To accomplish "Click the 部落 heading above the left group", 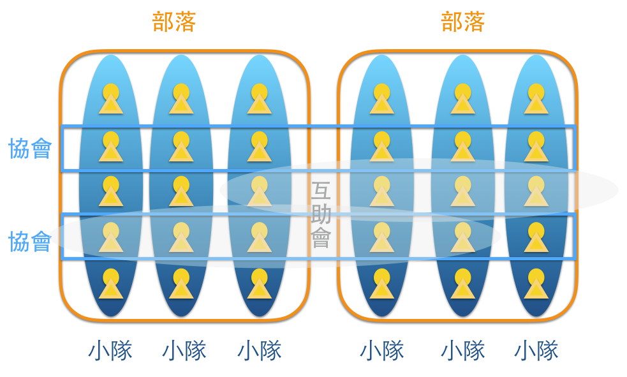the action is (x=174, y=22).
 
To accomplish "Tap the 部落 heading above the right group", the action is (x=462, y=22).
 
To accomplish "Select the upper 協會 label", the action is (x=30, y=149).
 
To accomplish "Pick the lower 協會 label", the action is (x=30, y=242).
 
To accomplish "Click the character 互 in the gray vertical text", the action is (x=321, y=190).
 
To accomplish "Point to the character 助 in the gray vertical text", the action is (x=321, y=214).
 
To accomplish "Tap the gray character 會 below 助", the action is (x=321, y=237).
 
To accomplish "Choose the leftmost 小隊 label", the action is (x=110, y=351).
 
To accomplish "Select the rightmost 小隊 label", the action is (x=536, y=351).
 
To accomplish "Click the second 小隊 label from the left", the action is (x=184, y=351).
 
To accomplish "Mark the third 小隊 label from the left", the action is (x=260, y=351).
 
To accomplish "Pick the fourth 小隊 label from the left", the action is (x=382, y=351).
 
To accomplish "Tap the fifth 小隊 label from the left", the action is (x=462, y=351).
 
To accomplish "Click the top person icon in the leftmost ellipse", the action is (x=111, y=99).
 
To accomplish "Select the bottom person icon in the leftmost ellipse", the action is (x=111, y=284).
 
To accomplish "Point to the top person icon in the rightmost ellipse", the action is (x=536, y=99).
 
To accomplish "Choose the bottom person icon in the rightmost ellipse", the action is (x=536, y=284).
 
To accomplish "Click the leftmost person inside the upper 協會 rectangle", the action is (x=111, y=147).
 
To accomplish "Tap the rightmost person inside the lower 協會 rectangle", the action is (x=536, y=237).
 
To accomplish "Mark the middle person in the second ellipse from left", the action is (x=181, y=191).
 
